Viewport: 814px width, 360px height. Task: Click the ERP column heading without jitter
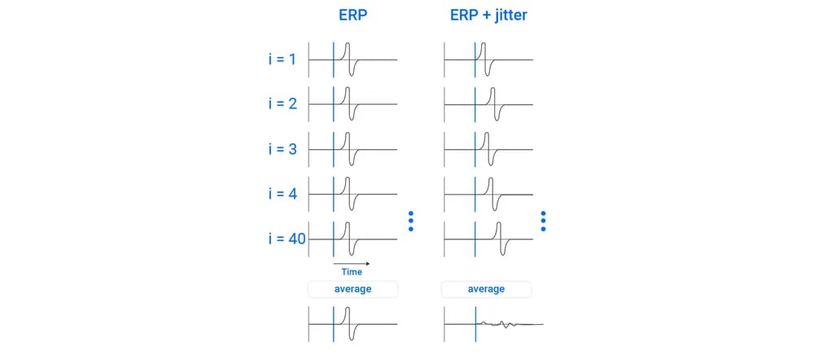coord(353,15)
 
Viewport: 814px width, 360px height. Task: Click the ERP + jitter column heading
coord(488,15)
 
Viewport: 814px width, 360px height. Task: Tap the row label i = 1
coord(282,59)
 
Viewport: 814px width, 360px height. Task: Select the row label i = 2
coord(282,104)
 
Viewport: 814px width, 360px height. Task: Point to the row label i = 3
coord(282,149)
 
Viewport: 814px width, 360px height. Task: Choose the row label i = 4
coord(282,194)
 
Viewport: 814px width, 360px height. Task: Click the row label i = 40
coord(287,239)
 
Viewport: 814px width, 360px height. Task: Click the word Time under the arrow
coord(352,272)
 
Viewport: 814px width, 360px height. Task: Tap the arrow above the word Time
coord(352,263)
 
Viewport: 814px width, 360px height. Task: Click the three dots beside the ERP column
coord(410,222)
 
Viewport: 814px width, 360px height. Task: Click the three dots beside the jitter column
coord(543,222)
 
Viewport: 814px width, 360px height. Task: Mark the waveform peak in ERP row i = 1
coord(348,44)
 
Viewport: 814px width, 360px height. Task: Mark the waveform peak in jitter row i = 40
coord(498,223)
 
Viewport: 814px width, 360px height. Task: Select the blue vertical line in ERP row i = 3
coord(333,149)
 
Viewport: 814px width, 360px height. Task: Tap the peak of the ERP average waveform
coord(348,309)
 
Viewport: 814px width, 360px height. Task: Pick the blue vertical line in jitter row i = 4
coord(475,194)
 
